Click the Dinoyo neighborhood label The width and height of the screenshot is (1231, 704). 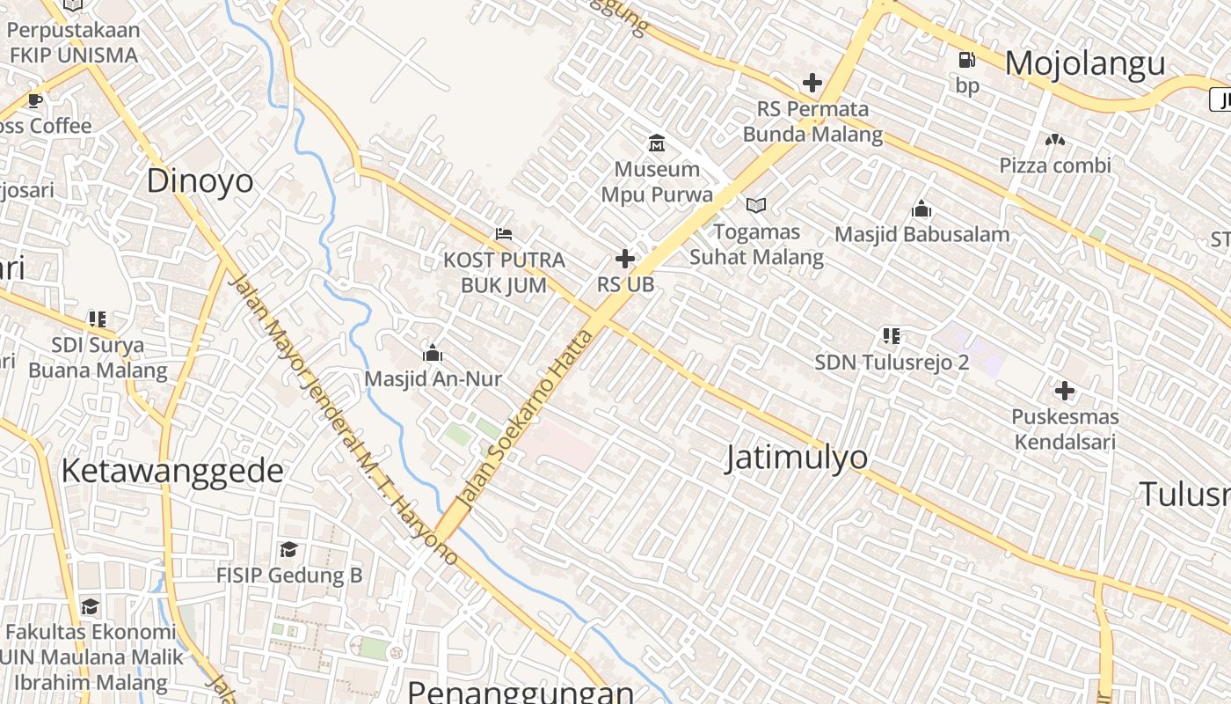200,181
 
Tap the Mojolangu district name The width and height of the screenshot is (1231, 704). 1085,63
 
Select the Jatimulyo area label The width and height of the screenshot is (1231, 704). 797,458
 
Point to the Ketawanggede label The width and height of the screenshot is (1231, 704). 172,471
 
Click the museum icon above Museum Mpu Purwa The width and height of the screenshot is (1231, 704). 657,143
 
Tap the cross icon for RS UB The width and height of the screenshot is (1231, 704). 625,259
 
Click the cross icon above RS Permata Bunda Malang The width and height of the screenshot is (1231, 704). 812,83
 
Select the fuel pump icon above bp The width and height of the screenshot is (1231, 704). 967,60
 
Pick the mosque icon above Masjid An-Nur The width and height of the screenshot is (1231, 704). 433,354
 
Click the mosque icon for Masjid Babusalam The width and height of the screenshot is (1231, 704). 921,209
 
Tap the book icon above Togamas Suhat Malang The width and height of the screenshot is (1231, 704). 756,205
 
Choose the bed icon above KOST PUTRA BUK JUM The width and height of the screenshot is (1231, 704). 504,234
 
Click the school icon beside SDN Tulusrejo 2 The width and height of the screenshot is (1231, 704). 892,336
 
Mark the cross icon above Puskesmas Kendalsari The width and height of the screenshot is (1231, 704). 1065,390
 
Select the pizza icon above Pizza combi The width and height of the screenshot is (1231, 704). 1055,139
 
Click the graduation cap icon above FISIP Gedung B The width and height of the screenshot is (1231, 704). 288,550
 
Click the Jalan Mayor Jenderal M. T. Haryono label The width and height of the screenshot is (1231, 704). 343,418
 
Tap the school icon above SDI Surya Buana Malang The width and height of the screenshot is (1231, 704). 97,319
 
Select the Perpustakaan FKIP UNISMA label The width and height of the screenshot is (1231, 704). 74,42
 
